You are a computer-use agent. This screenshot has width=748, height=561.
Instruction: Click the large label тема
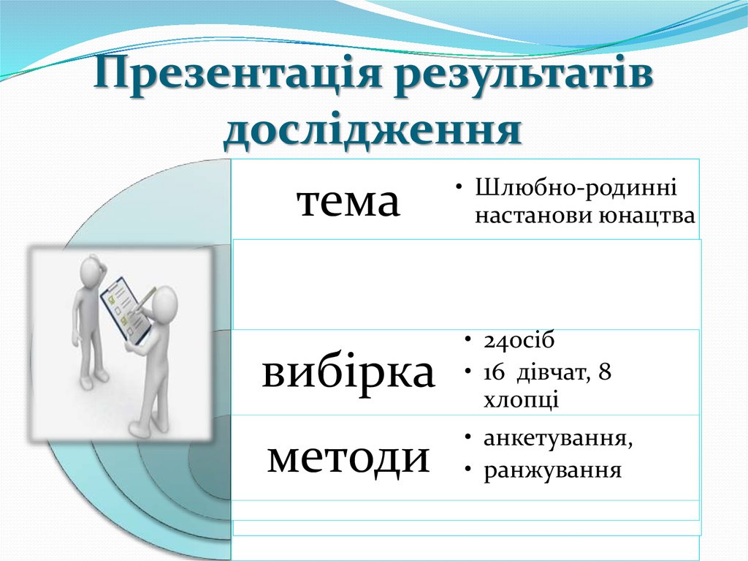click(348, 201)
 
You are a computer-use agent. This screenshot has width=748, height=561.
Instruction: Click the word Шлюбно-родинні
click(576, 188)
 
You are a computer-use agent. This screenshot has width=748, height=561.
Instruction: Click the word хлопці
click(521, 400)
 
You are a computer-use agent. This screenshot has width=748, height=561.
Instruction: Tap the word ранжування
click(552, 470)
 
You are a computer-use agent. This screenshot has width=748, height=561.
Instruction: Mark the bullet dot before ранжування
click(466, 470)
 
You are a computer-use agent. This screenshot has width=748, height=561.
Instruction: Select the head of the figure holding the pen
click(165, 301)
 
